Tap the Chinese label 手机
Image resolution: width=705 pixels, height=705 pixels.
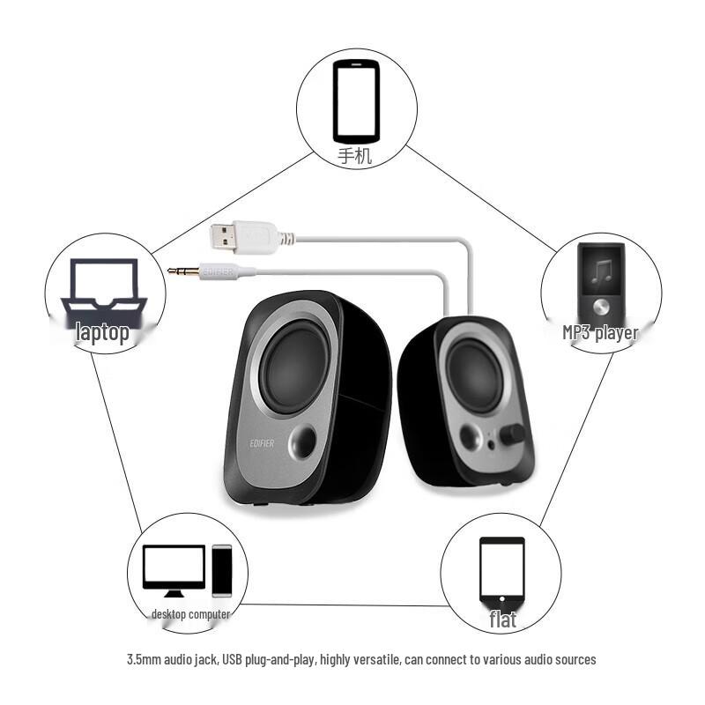355,157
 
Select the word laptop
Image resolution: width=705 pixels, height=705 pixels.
103,332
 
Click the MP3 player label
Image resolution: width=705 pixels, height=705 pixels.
600,333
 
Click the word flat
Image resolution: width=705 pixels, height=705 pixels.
502,619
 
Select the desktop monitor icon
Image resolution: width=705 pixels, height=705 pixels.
174,569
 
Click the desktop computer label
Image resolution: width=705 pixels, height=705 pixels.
190,613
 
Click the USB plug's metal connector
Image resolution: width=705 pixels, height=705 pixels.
225,235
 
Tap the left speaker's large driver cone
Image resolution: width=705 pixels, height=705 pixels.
293,366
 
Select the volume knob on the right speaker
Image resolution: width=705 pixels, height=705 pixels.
513,434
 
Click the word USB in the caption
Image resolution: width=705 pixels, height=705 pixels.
232,659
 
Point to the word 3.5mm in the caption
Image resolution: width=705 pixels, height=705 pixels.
145,659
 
